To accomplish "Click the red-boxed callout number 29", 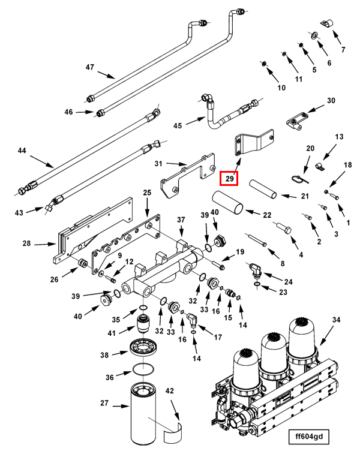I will pyautogui.click(x=229, y=178).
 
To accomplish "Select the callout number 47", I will pyautogui.click(x=90, y=67).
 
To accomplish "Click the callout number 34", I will pyautogui.click(x=336, y=320).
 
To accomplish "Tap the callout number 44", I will pyautogui.click(x=22, y=151).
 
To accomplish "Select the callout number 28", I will pyautogui.click(x=26, y=244).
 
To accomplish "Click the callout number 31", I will pyautogui.click(x=158, y=163).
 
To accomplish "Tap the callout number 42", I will pyautogui.click(x=169, y=391).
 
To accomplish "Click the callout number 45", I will pyautogui.click(x=177, y=125).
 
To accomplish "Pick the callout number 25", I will pyautogui.click(x=147, y=192).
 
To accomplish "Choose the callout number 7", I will pyautogui.click(x=343, y=50).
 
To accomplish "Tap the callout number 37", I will pyautogui.click(x=181, y=220).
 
